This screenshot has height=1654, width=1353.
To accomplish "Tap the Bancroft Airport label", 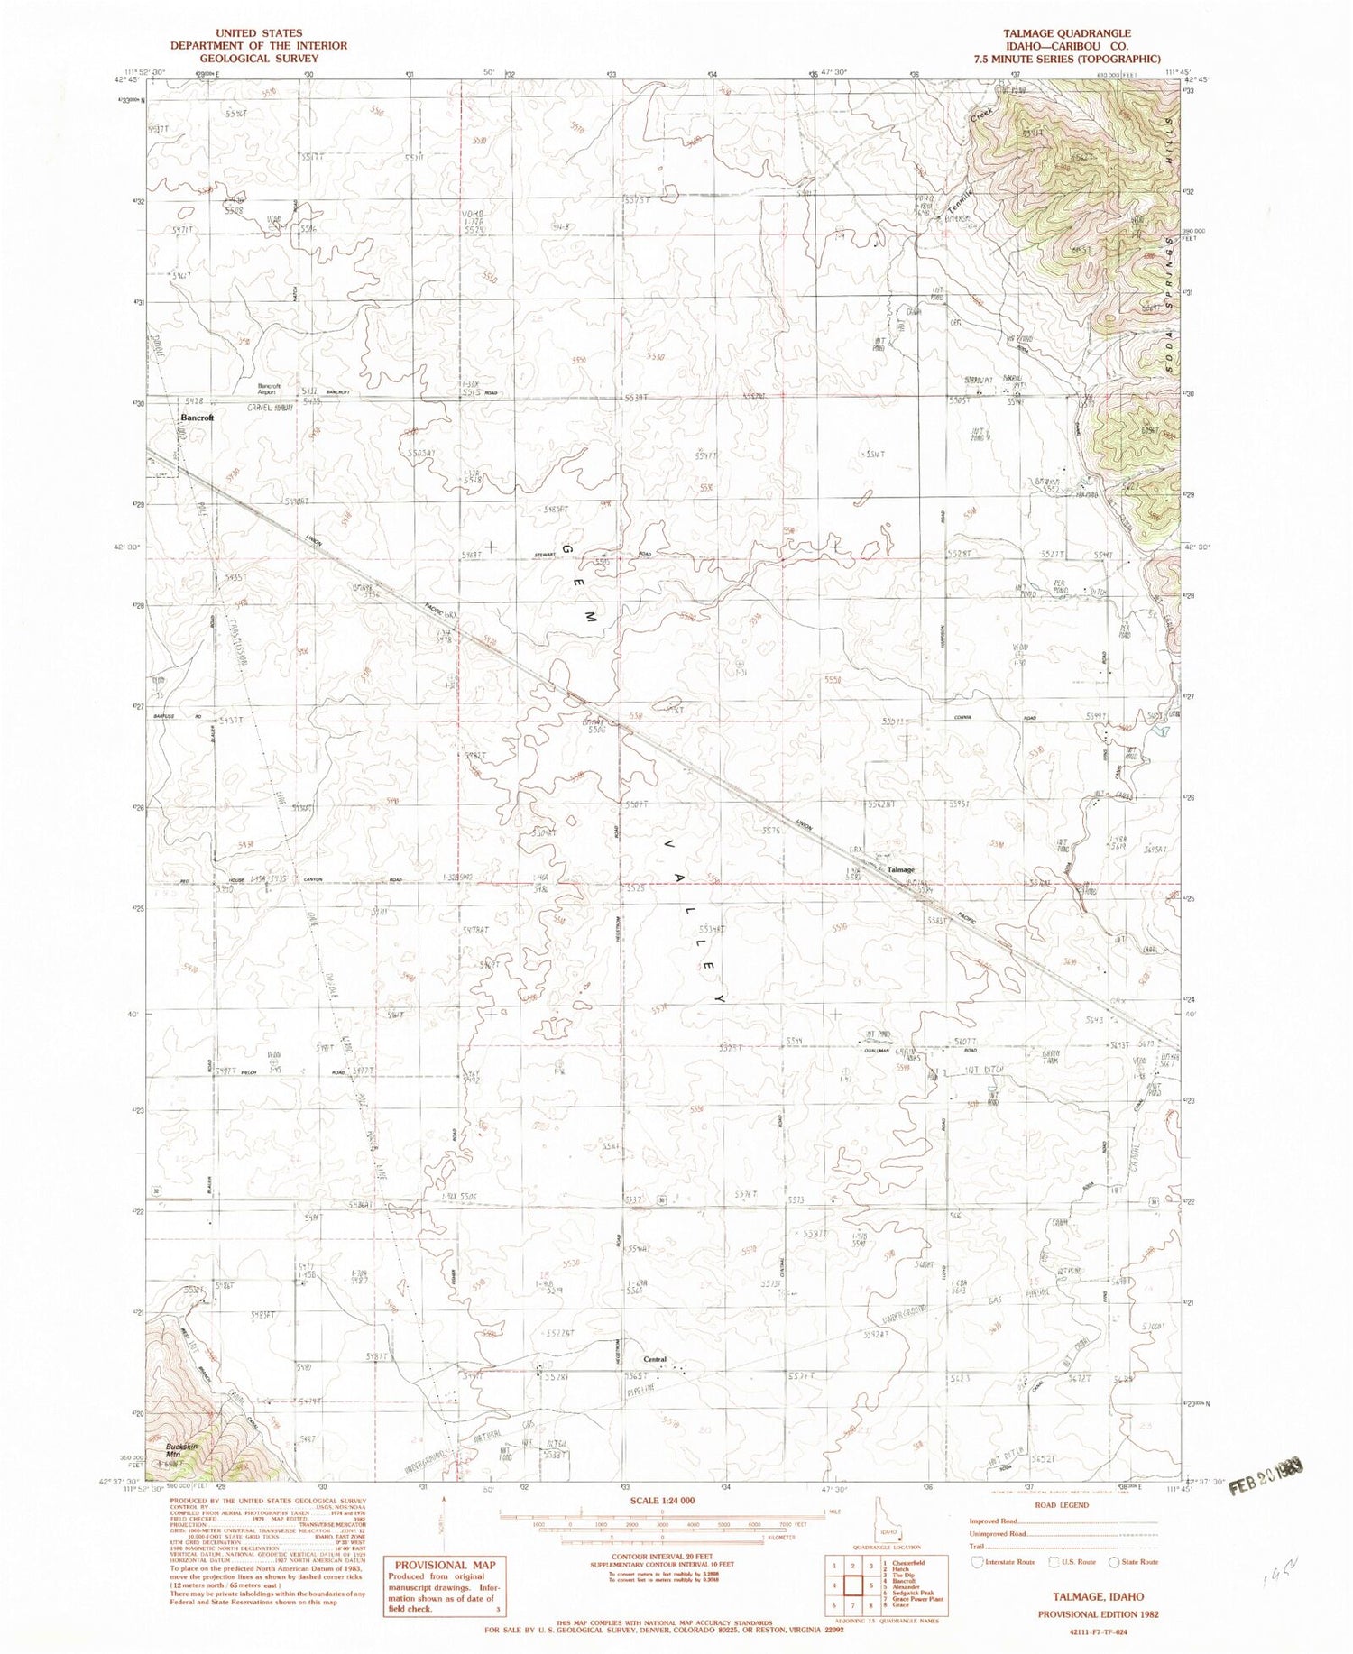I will pyautogui.click(x=270, y=389).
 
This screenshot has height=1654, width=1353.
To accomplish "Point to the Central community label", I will pyautogui.click(x=655, y=1359).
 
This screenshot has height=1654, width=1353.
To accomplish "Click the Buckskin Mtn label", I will pyautogui.click(x=182, y=1451).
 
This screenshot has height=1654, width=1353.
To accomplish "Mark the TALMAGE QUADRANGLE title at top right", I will pyautogui.click(x=1067, y=33).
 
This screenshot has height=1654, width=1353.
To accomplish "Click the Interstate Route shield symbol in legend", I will pyautogui.click(x=976, y=1561).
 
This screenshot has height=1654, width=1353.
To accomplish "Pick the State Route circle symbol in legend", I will pyautogui.click(x=1114, y=1561).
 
